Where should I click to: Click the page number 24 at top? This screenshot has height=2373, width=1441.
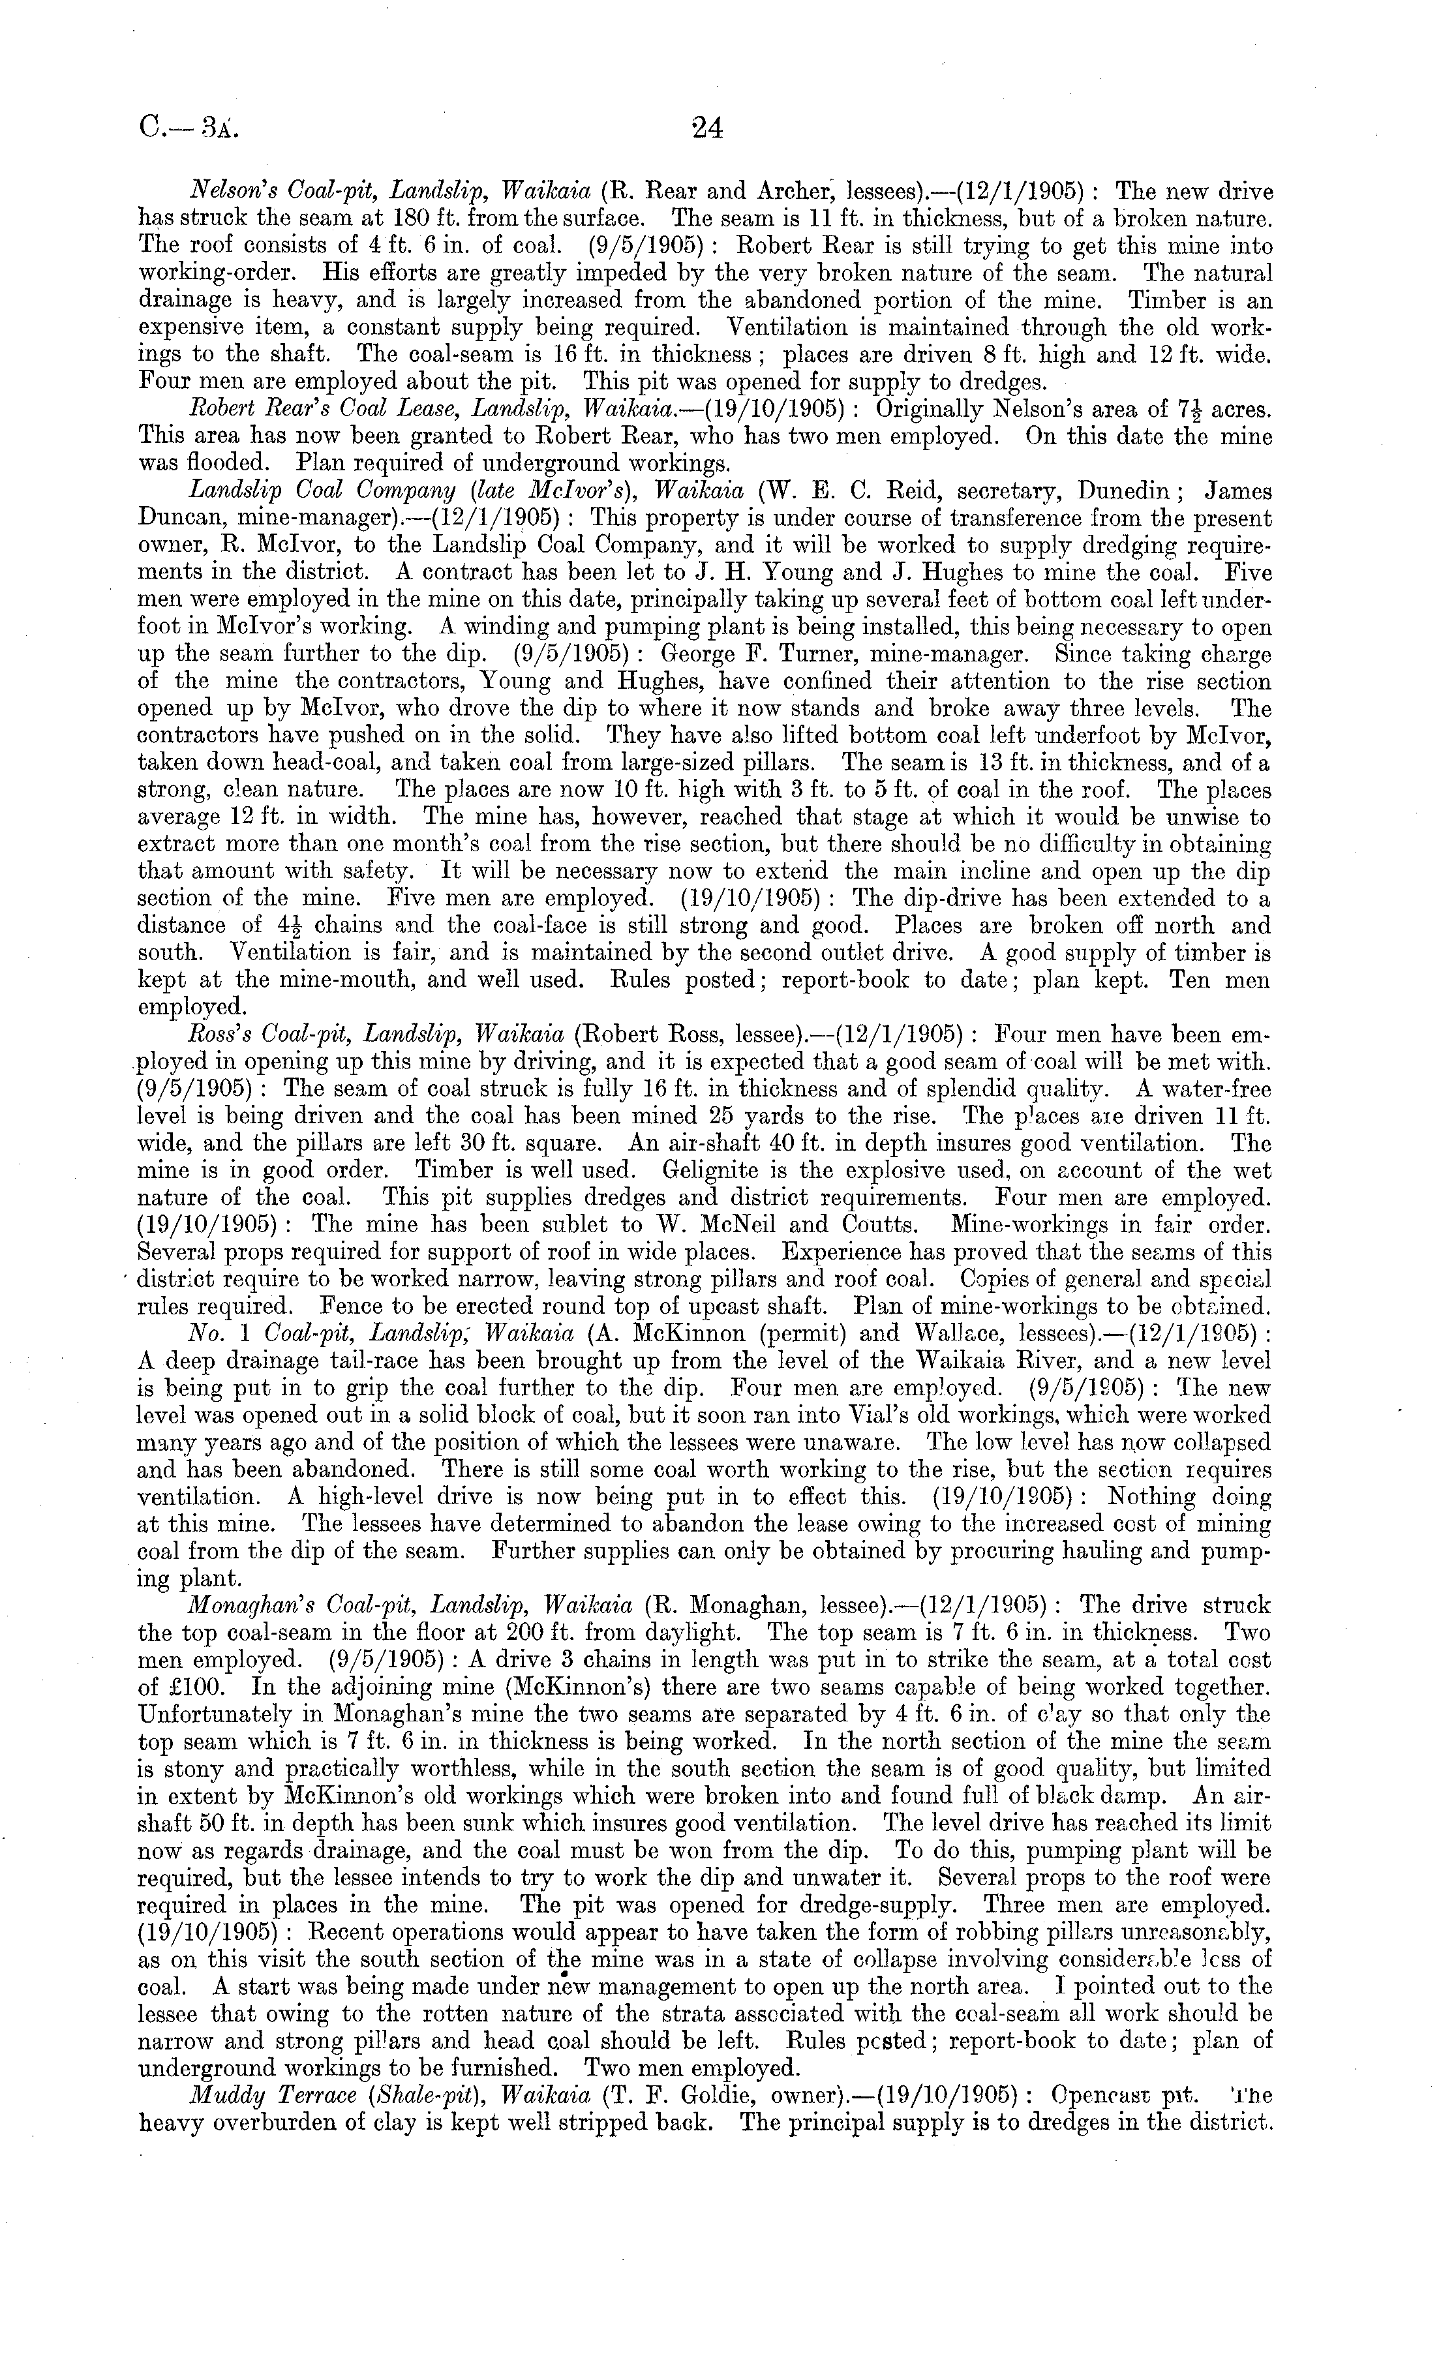pyautogui.click(x=706, y=128)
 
